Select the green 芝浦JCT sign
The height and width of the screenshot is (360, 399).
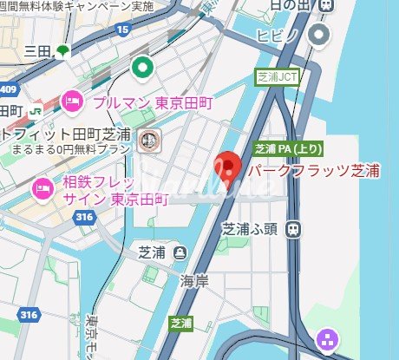[277, 76]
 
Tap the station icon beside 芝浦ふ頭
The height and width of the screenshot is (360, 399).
[294, 230]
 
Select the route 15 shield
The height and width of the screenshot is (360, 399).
[123, 30]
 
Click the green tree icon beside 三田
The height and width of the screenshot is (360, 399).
[63, 51]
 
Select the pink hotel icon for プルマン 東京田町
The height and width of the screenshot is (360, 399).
[72, 101]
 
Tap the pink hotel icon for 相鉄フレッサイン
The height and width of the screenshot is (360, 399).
[41, 187]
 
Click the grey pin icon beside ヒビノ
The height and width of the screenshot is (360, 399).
[322, 35]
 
